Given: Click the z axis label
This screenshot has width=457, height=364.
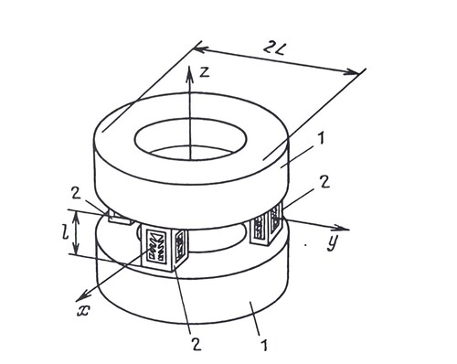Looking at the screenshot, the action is click(x=205, y=71).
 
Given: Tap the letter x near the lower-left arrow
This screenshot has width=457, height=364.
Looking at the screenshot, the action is click(x=84, y=311).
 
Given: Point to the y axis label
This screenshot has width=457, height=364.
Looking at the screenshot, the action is click(x=333, y=243).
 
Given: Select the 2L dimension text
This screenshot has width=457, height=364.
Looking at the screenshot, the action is click(x=273, y=48).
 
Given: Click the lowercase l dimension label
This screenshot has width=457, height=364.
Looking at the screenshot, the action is click(x=65, y=232).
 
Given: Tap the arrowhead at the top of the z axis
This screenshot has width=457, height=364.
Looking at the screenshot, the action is click(x=190, y=73).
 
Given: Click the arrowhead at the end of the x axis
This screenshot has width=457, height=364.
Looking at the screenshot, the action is click(x=83, y=294).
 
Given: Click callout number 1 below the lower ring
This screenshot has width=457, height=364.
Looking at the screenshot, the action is click(x=264, y=345).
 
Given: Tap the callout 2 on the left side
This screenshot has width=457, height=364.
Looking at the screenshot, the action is click(x=76, y=193).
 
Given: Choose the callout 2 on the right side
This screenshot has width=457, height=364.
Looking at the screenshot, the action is click(x=324, y=182).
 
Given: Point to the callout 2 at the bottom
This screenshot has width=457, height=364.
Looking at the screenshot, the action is click(x=196, y=344).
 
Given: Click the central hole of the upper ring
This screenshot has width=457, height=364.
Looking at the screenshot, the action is click(x=191, y=140).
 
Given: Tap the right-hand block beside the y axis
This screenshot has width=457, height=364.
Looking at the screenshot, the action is click(x=267, y=224).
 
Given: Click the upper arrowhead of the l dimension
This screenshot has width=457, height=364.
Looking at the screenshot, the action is click(x=77, y=217).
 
